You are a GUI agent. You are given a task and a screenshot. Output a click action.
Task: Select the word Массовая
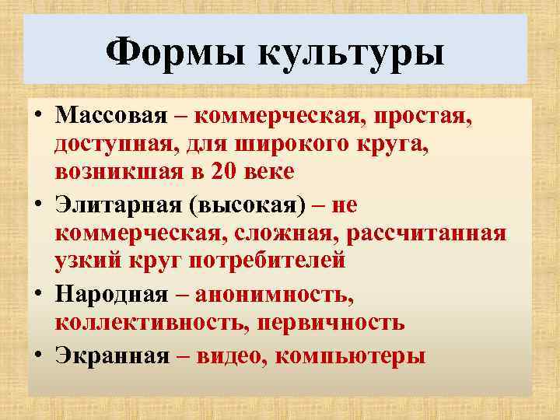point(111,117)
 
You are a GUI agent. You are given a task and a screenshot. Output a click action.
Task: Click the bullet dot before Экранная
point(37,355)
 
